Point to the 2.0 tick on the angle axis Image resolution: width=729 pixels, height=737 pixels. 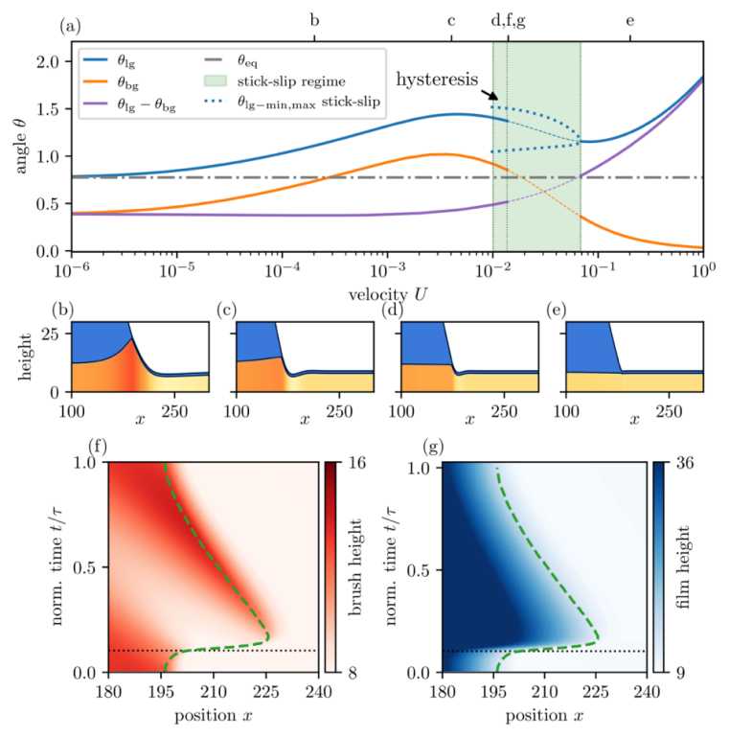(x=47, y=62)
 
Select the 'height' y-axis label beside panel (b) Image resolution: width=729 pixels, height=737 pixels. (x=20, y=357)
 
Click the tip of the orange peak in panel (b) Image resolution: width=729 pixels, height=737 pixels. (x=130, y=327)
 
